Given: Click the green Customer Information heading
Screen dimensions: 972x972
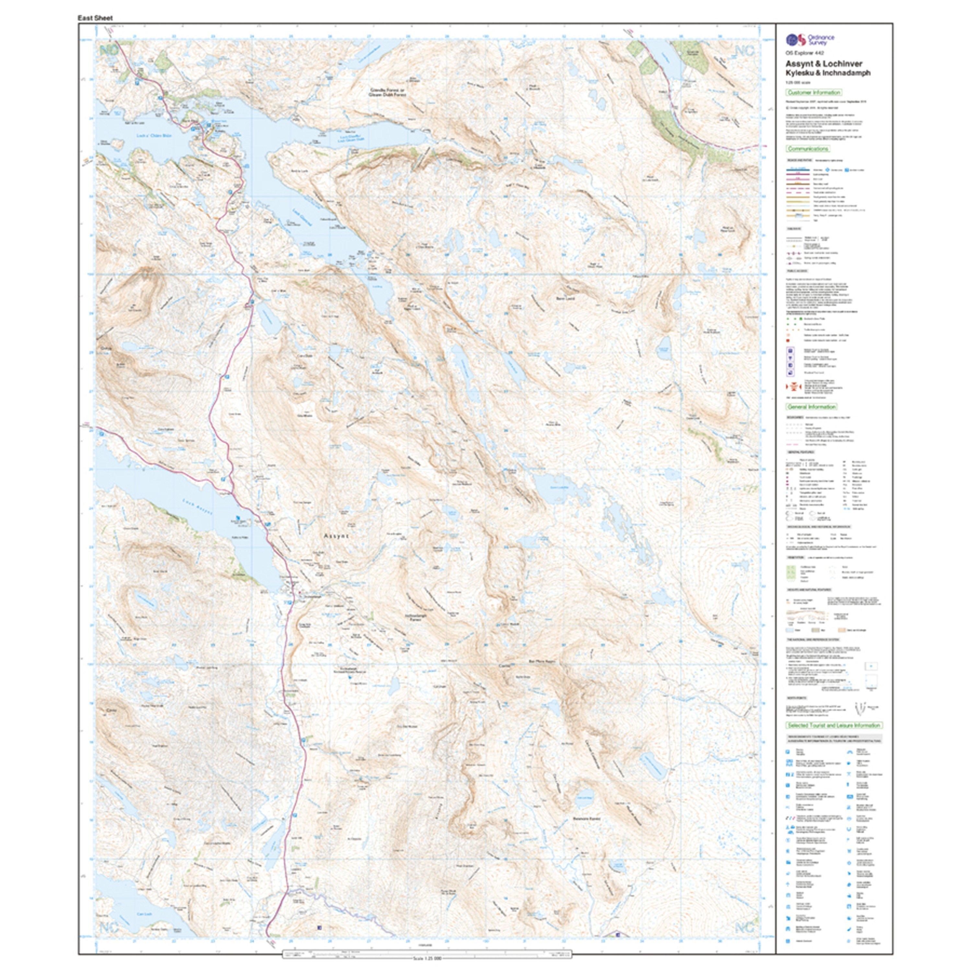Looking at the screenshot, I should (x=814, y=93).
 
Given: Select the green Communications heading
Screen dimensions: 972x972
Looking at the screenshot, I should (x=808, y=149).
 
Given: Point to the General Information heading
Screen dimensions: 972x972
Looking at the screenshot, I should (x=812, y=407).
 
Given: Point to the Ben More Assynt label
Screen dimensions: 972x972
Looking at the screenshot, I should (x=541, y=662).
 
